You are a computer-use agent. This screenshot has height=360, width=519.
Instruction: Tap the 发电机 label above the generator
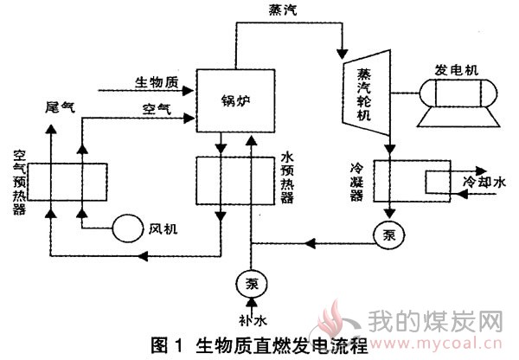(x=456, y=70)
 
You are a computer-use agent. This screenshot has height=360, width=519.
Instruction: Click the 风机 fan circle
(x=127, y=228)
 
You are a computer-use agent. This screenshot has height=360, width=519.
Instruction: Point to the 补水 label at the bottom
(x=253, y=320)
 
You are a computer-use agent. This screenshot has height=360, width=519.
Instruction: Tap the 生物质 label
(x=157, y=82)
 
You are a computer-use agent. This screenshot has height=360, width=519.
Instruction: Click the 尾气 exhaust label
(x=60, y=107)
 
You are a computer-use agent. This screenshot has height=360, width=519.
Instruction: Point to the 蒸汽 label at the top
(x=283, y=10)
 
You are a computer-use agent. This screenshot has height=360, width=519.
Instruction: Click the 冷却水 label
(x=484, y=182)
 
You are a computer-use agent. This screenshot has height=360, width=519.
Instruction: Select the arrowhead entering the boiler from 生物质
(x=189, y=90)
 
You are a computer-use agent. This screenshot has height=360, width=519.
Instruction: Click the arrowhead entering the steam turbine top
(x=343, y=54)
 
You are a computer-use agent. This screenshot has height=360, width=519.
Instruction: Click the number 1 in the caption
(x=179, y=346)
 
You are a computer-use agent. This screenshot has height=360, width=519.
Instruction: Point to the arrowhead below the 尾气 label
(x=51, y=129)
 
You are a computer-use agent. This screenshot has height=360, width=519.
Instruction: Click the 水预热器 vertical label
(x=286, y=178)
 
